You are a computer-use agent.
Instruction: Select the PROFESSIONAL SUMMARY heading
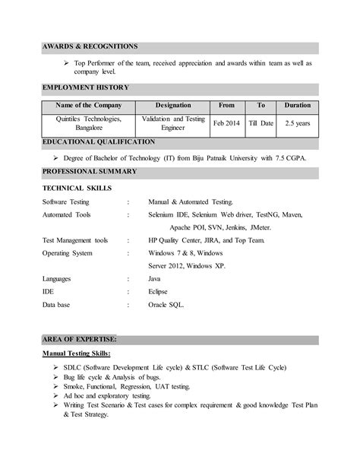tap(90, 172)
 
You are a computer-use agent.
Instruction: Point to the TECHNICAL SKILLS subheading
tap(77, 187)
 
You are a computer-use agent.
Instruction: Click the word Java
tap(156, 279)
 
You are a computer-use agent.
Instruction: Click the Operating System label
tap(68, 252)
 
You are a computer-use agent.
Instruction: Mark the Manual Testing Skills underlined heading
tap(78, 353)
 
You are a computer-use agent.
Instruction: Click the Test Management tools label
tap(75, 239)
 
